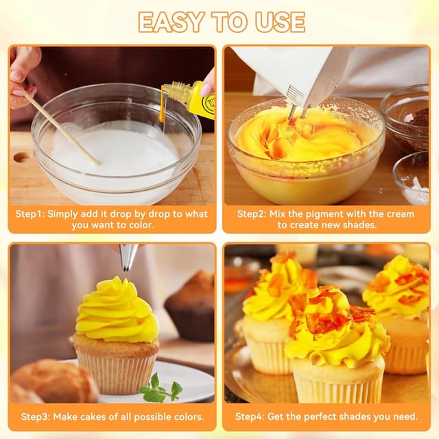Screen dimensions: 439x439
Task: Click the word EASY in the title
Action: pyautogui.click(x=171, y=22)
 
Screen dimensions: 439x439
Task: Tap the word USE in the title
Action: pyautogui.click(x=280, y=22)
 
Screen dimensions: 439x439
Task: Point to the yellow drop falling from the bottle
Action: pyautogui.click(x=162, y=117)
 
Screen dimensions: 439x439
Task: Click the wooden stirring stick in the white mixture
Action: pyautogui.click(x=61, y=128)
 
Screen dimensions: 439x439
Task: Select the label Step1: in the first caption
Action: pyautogui.click(x=30, y=214)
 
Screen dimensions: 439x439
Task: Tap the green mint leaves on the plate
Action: pyautogui.click(x=161, y=388)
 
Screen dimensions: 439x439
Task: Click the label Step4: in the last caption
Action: pyautogui.click(x=250, y=416)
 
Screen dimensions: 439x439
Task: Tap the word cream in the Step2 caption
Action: pyautogui.click(x=400, y=214)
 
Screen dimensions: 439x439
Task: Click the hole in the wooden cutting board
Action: pyautogui.click(x=22, y=157)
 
